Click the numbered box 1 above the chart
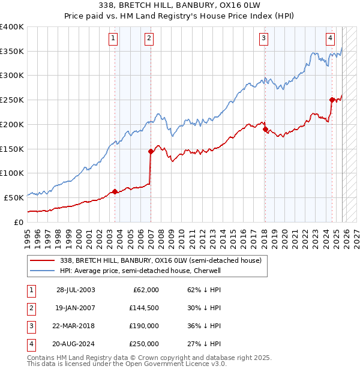pos(113,39)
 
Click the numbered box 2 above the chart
pos(149,39)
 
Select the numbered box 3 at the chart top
pos(263,39)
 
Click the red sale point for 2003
pos(115,191)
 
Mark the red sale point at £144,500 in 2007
pos(150,151)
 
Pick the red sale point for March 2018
pos(265,129)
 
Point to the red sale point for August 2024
pos(332,100)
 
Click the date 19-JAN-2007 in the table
pos(76,308)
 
